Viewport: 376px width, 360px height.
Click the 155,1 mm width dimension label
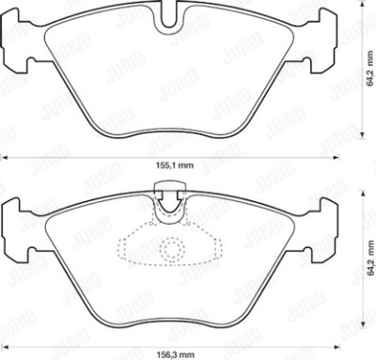coord(175,165)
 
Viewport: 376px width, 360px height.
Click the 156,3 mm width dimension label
coord(175,354)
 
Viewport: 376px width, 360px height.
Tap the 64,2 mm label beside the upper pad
coord(370,69)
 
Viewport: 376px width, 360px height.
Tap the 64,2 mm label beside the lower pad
coord(371,258)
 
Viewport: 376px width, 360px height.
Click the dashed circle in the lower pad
coord(172,249)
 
